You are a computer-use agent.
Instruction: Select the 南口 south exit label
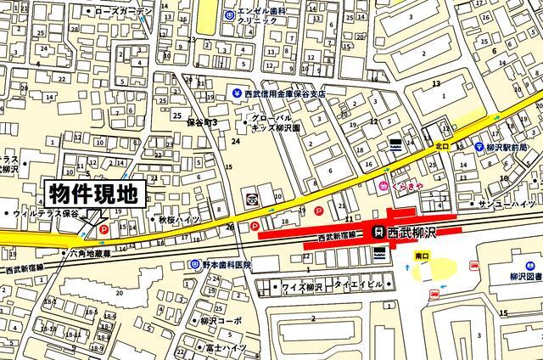(423, 255)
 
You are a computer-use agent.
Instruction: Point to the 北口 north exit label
(442, 145)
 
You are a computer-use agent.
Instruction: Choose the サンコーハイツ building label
(508, 205)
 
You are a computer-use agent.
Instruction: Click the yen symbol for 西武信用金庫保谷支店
(237, 93)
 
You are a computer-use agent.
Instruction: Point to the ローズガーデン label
(122, 11)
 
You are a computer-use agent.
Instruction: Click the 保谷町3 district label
(202, 122)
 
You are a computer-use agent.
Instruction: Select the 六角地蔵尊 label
(88, 253)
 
